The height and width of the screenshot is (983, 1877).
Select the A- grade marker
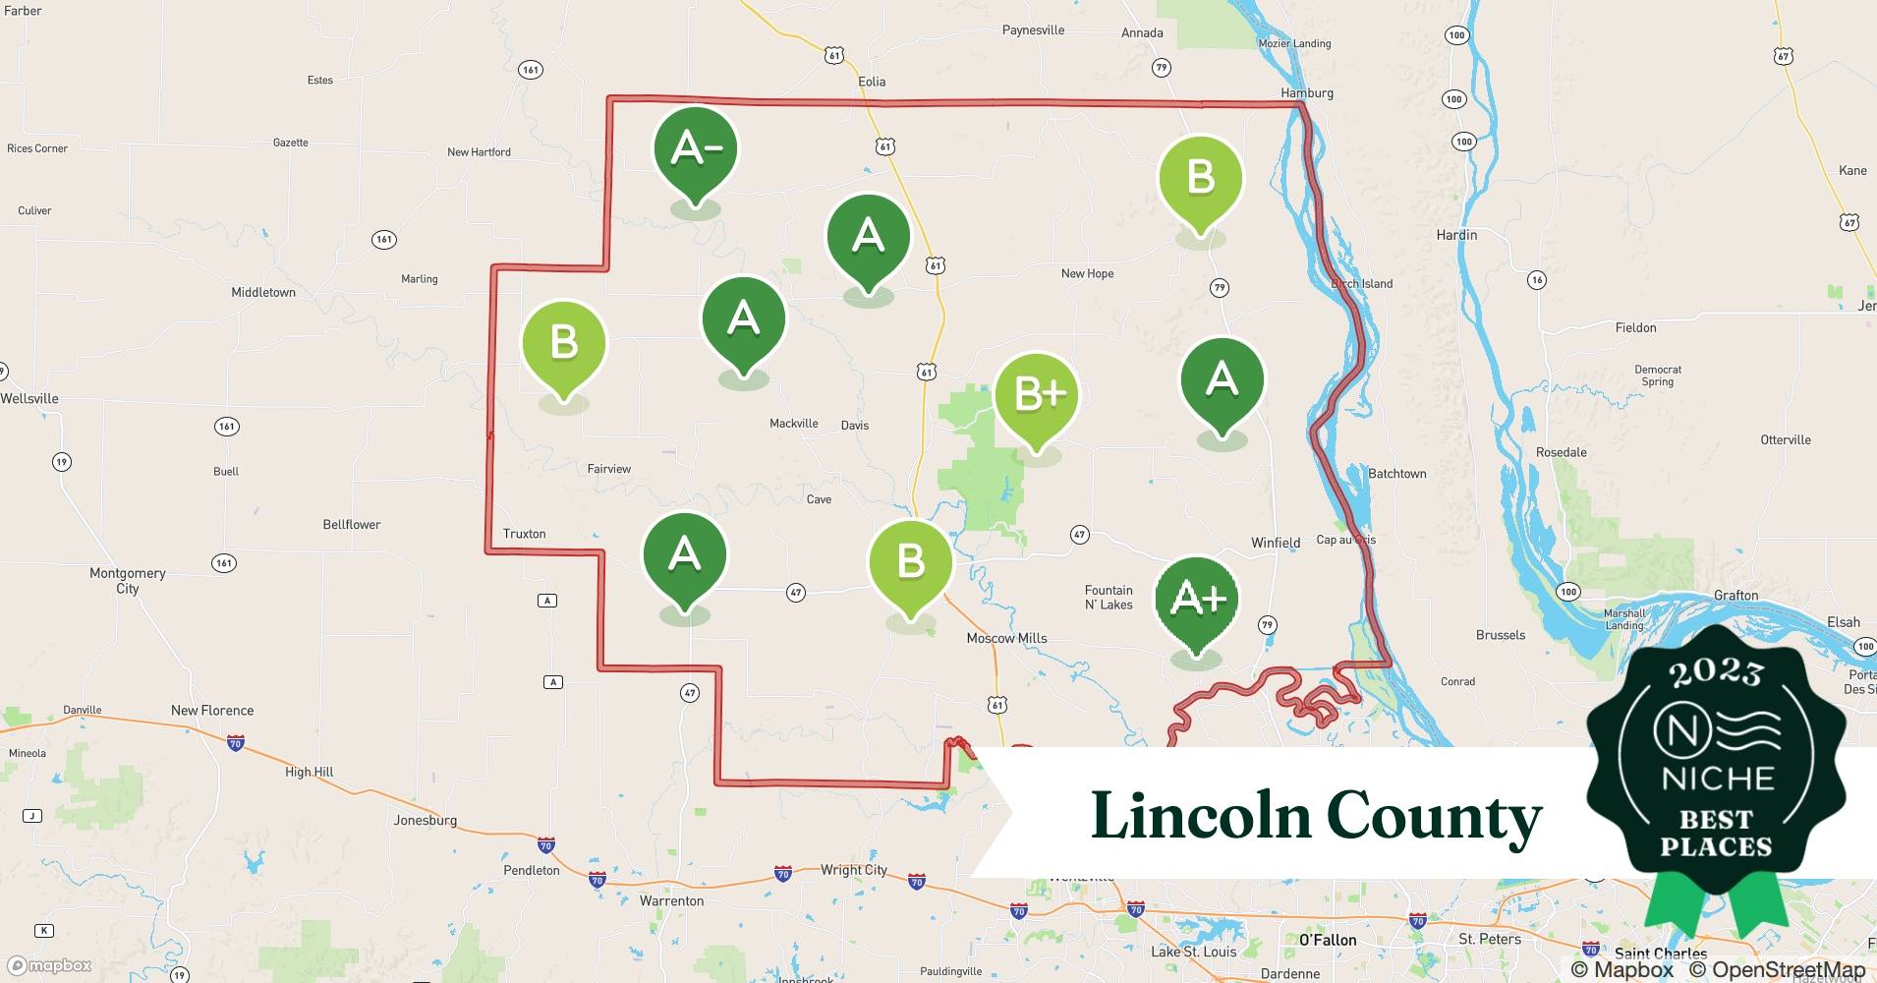tap(696, 148)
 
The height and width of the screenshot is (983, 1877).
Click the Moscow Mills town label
tap(1006, 638)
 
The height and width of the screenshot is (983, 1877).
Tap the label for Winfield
tap(1276, 543)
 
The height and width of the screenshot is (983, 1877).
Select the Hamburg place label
tap(1307, 93)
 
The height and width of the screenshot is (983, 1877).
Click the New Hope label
tap(1087, 273)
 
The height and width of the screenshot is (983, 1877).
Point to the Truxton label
tap(524, 534)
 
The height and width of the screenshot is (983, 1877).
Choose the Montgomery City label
tap(128, 580)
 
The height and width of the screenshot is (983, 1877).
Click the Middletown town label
tap(263, 292)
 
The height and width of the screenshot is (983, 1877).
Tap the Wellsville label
tap(29, 398)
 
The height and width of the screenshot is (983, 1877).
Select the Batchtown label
tap(1396, 474)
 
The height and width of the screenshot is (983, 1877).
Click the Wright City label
tap(853, 870)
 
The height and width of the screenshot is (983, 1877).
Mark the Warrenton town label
tap(671, 900)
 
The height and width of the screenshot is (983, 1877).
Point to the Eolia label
tap(872, 82)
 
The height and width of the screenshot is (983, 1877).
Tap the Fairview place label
tap(609, 469)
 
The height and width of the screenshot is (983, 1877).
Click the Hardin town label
tap(1456, 235)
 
